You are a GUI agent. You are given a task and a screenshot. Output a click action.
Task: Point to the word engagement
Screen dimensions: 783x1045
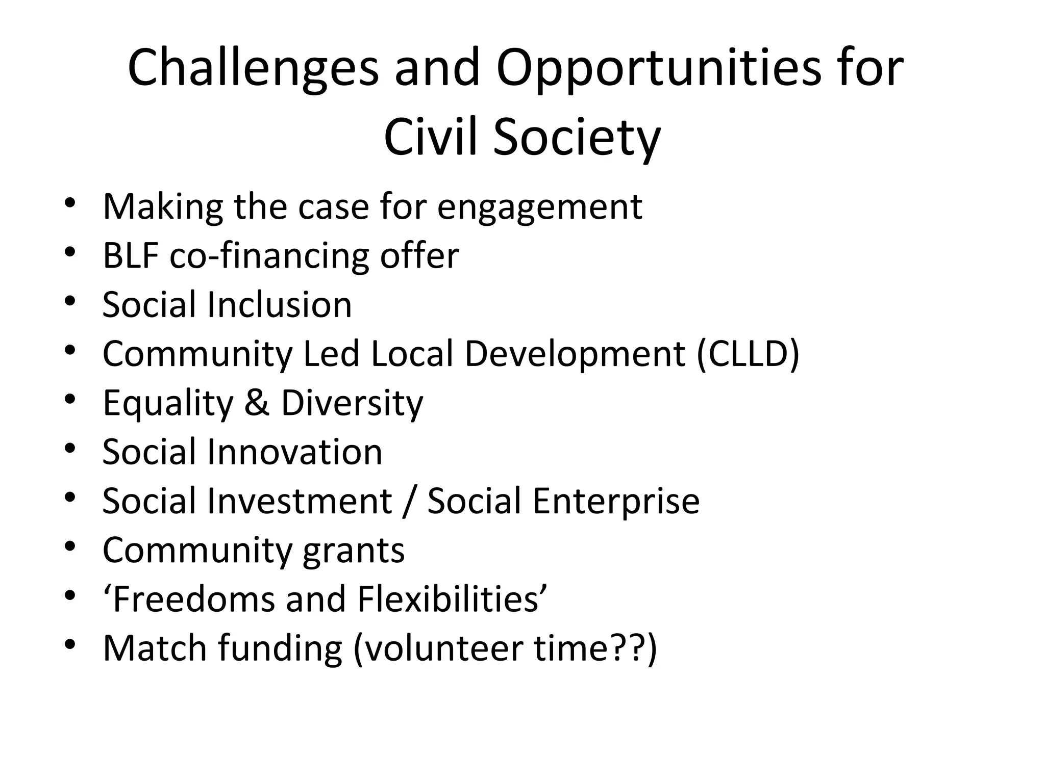(x=539, y=207)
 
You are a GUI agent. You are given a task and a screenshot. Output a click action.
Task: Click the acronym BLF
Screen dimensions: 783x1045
(x=131, y=255)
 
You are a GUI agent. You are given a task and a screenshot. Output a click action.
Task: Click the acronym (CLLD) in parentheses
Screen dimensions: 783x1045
(x=748, y=354)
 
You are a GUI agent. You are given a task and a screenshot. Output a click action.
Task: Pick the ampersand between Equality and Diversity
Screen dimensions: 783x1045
(x=257, y=403)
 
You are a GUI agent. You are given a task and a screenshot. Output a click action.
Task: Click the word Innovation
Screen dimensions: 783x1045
(x=294, y=452)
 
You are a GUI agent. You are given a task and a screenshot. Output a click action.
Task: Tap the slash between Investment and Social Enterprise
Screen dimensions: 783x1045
(x=408, y=501)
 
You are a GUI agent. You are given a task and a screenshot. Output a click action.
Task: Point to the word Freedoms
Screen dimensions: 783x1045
(x=193, y=599)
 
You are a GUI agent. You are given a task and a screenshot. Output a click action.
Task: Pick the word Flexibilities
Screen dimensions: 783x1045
(x=452, y=599)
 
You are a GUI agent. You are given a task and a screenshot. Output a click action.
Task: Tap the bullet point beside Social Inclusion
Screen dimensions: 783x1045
(x=70, y=301)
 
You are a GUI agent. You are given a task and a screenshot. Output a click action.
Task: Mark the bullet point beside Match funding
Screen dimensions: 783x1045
(x=70, y=644)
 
